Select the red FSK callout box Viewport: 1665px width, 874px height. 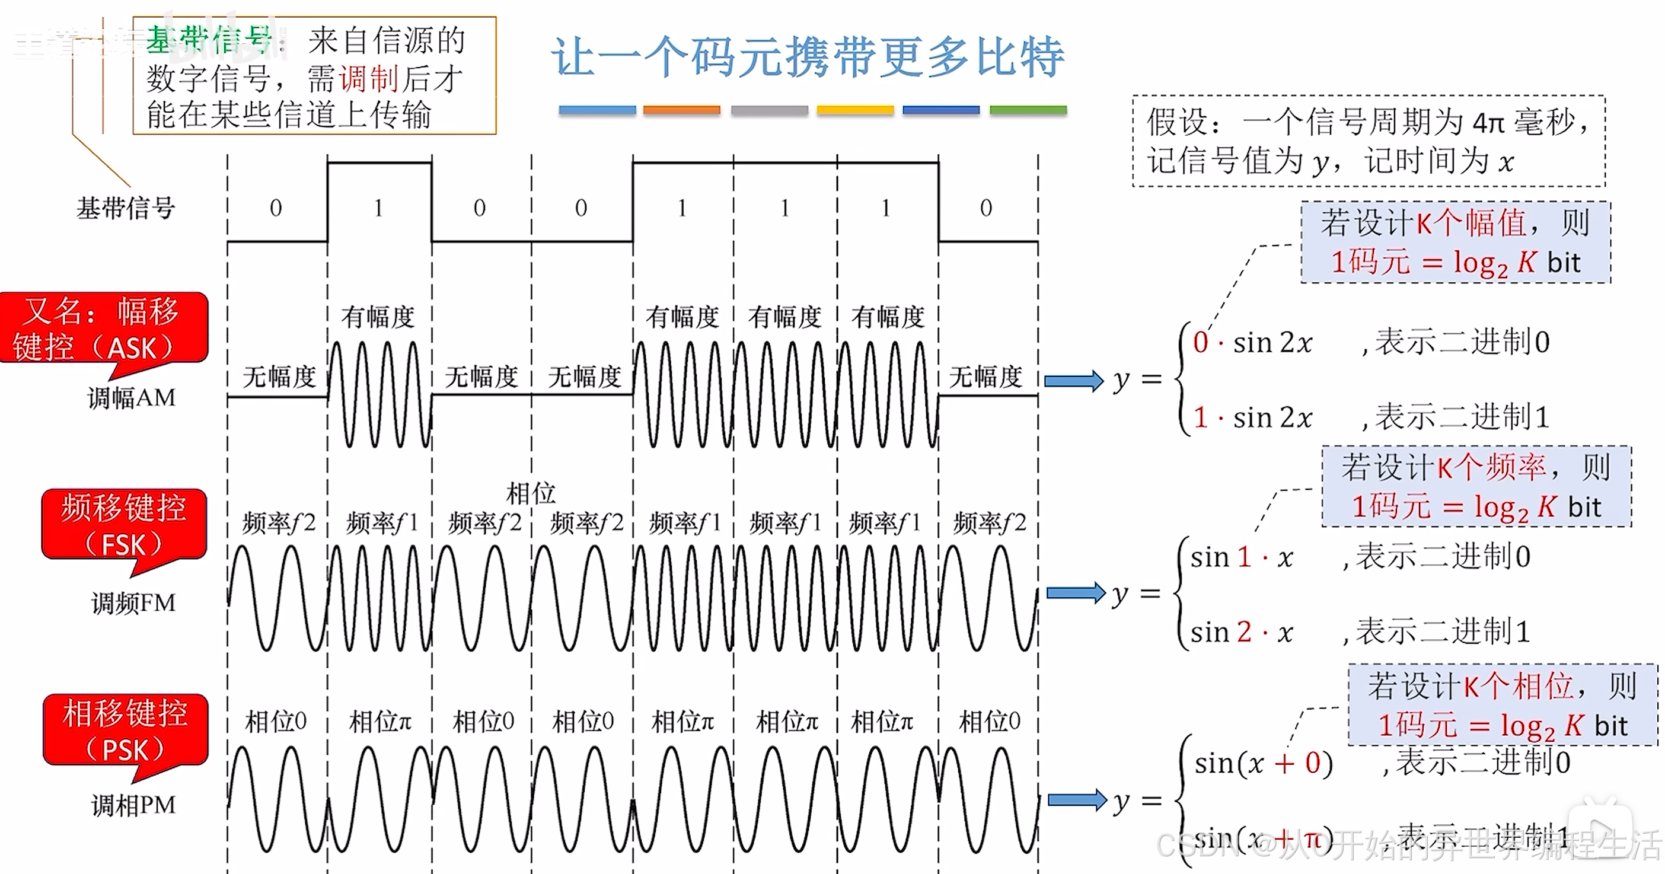click(124, 524)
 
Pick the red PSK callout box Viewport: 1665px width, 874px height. click(125, 730)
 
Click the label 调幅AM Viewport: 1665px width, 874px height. click(132, 397)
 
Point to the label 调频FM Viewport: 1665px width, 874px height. click(133, 603)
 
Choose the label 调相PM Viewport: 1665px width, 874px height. click(133, 805)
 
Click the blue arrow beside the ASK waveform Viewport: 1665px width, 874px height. click(1073, 380)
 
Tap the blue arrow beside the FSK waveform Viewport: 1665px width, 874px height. click(1075, 592)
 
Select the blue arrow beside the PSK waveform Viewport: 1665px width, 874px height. click(1076, 800)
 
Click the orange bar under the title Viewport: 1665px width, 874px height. click(681, 110)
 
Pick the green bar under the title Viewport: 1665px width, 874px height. click(1028, 110)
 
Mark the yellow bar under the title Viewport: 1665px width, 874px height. click(854, 110)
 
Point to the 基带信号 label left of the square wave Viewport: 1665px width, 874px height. click(126, 208)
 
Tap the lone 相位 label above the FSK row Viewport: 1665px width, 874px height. click(531, 493)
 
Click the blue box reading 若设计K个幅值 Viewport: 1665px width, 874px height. click(1455, 243)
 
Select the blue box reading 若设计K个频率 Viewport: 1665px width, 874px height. click(1476, 486)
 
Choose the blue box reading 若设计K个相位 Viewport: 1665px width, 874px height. click(1502, 704)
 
